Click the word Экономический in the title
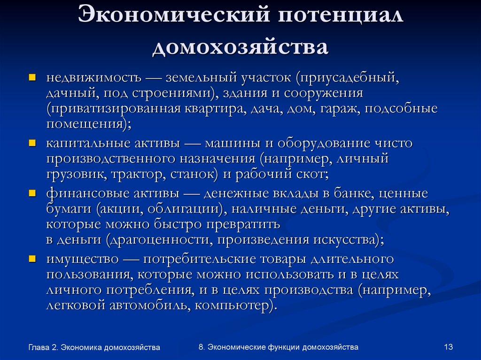tap(173, 17)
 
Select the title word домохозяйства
tap(240, 48)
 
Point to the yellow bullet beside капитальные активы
tap(32, 143)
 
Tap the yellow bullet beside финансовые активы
tap(32, 192)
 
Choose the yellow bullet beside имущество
tap(32, 259)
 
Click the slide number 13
tap(448, 347)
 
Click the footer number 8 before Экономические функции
tap(201, 347)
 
